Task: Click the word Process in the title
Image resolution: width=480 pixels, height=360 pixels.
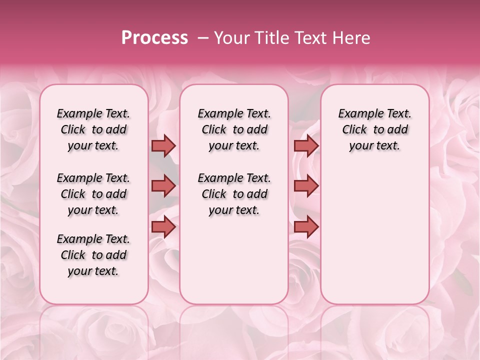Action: [x=154, y=38]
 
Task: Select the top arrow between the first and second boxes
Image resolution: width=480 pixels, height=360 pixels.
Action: [x=163, y=145]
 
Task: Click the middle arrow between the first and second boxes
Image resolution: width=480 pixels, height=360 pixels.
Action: [x=163, y=186]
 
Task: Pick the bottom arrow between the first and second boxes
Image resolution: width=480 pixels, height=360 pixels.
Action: [x=163, y=227]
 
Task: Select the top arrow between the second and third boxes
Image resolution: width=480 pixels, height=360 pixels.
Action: [x=306, y=145]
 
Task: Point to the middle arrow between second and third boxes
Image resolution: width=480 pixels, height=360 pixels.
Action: [x=306, y=186]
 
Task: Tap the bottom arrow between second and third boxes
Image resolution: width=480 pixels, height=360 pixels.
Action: [x=306, y=227]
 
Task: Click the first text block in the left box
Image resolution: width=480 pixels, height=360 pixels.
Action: [x=93, y=129]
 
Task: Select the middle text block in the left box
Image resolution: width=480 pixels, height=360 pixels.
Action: [x=93, y=194]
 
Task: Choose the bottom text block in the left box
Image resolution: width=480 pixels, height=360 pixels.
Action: [x=93, y=255]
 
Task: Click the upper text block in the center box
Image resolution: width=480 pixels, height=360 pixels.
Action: [x=234, y=129]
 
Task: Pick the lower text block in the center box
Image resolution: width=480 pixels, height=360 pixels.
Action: [x=234, y=194]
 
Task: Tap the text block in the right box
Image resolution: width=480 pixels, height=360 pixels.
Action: [x=374, y=129]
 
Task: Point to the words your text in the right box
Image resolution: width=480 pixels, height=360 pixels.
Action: [x=374, y=146]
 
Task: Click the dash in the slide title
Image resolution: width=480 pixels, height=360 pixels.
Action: [x=203, y=38]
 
